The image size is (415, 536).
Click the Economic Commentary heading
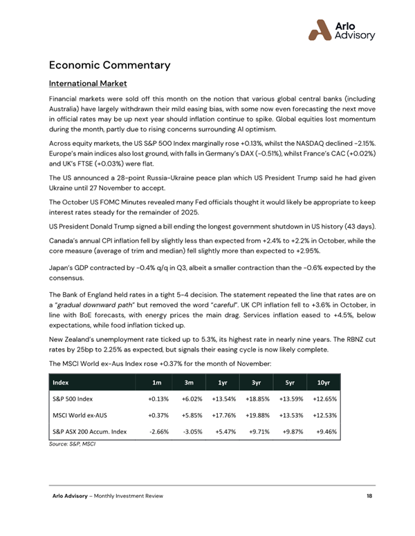pyautogui.click(x=109, y=66)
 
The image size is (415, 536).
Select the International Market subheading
pyautogui.click(x=87, y=84)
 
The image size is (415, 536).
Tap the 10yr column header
pyautogui.click(x=323, y=383)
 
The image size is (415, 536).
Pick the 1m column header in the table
pyautogui.click(x=157, y=383)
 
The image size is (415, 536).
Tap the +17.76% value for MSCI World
pyautogui.click(x=223, y=416)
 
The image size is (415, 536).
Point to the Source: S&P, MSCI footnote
pyautogui.click(x=71, y=443)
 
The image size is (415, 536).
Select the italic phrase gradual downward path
pyautogui.click(x=87, y=285)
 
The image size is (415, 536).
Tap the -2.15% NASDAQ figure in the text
pyautogui.click(x=358, y=143)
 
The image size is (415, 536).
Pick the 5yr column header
pyautogui.click(x=290, y=383)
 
